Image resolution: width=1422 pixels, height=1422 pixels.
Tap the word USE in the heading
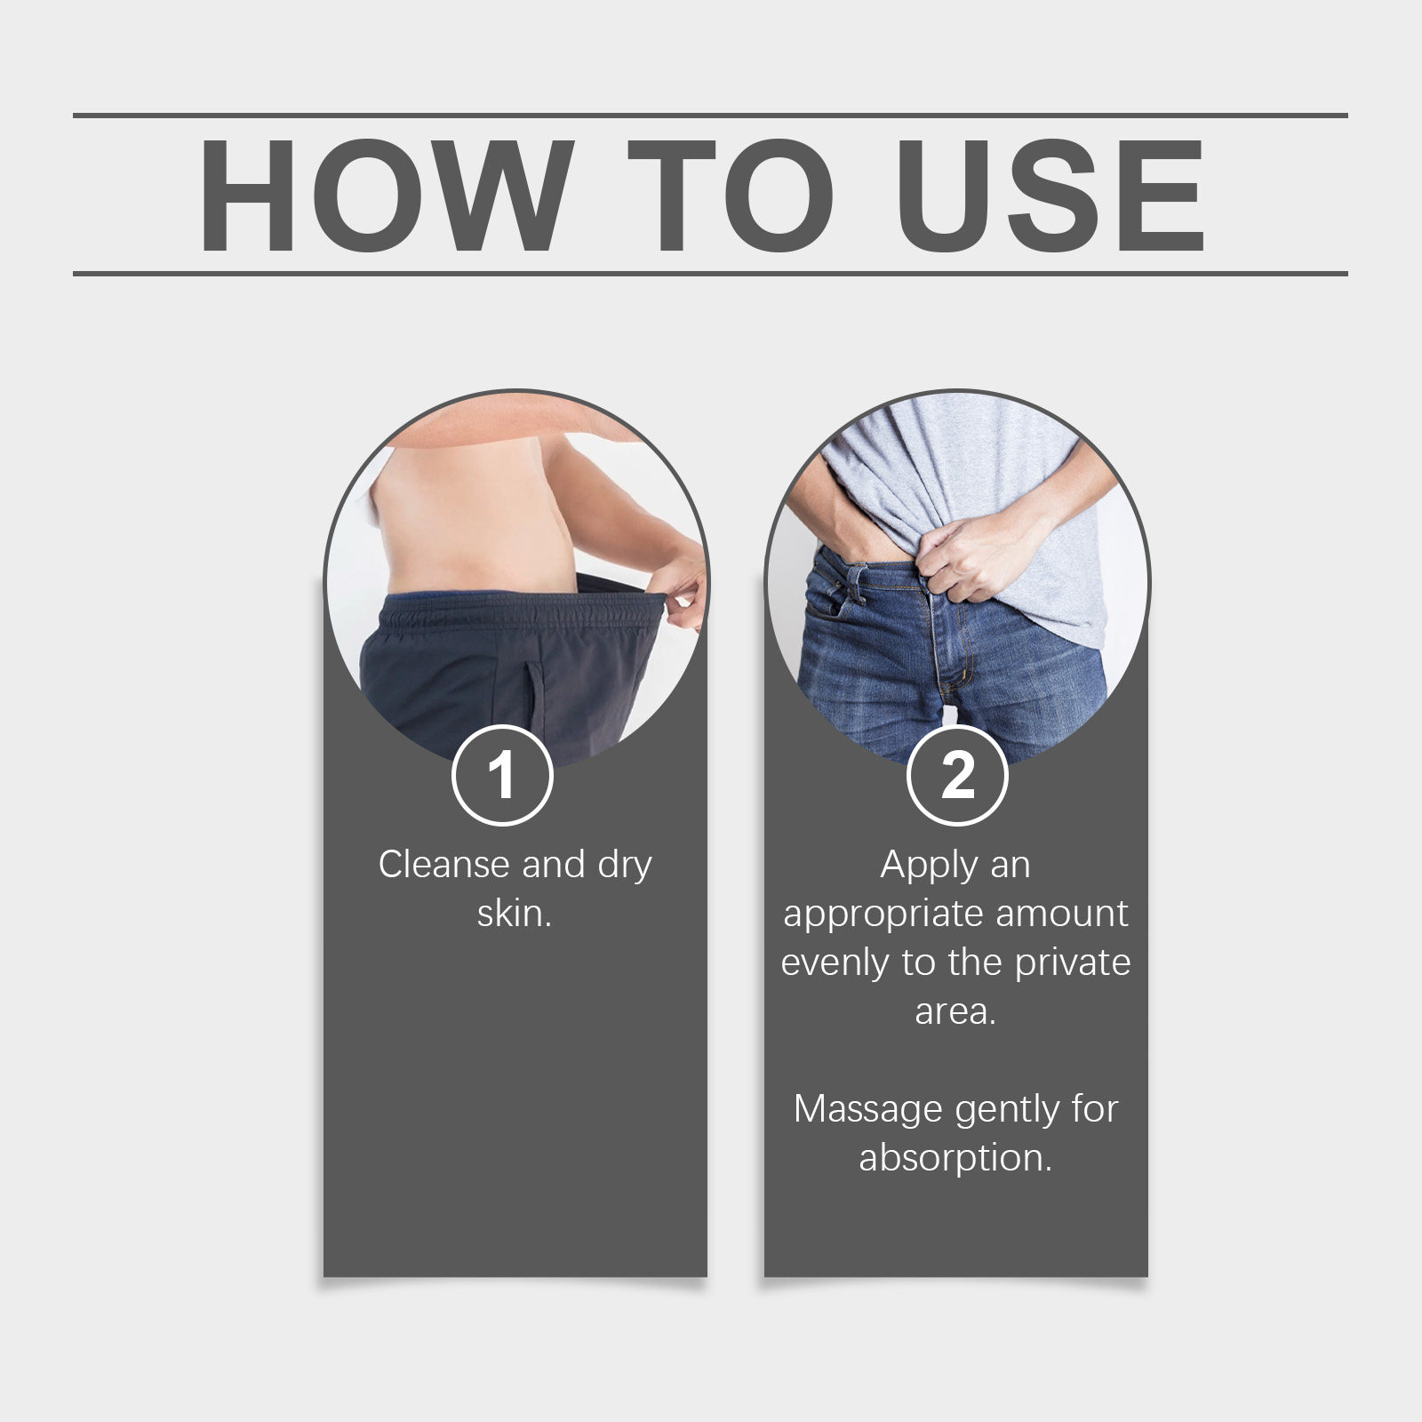pos(1051,196)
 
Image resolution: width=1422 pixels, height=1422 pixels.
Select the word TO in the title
pos(731,196)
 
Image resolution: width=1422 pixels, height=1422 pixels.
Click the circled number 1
pos(502,776)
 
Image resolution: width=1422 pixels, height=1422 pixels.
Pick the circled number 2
pos(957,776)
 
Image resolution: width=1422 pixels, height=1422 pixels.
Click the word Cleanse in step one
pos(443,864)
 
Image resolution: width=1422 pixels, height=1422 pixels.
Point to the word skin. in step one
pos(515,913)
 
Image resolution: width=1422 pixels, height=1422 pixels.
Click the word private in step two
pos(1073,963)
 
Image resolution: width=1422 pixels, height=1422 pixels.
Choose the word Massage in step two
pos(868,1110)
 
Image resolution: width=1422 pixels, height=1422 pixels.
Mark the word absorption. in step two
pos(955,1159)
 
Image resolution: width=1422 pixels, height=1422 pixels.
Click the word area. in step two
pos(955,1011)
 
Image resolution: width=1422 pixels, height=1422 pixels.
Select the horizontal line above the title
pos(710,116)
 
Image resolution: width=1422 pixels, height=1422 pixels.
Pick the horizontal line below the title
pos(710,273)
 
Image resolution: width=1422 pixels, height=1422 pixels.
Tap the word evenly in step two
pos(835,963)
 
